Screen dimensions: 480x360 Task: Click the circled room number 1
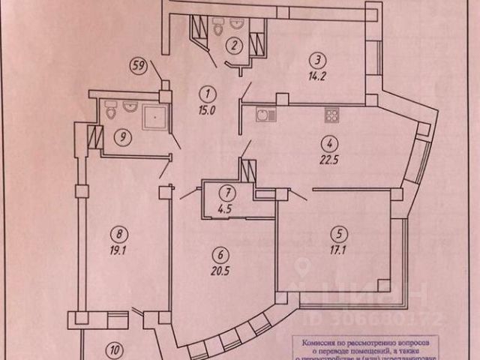point(207,94)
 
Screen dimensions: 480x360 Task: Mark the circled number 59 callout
point(137,64)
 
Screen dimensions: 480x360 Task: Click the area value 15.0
point(207,109)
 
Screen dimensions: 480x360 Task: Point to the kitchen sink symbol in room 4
point(264,115)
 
